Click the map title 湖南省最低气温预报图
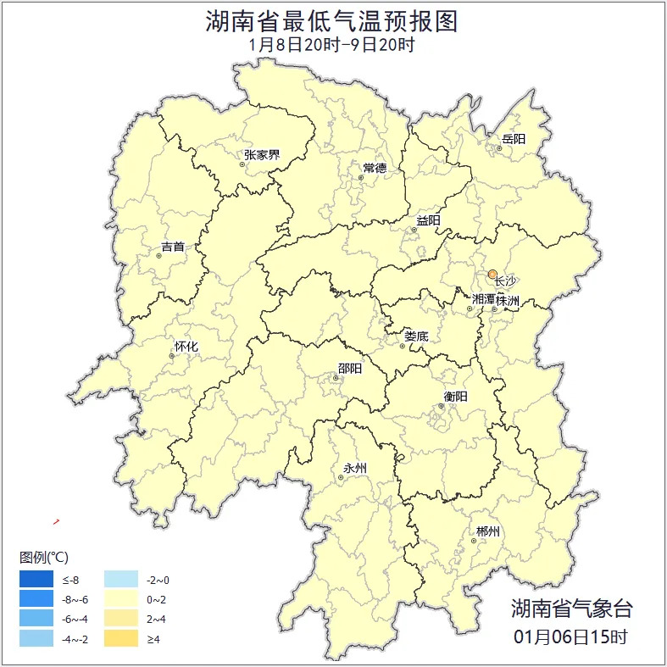tap(331, 21)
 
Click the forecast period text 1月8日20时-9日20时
tap(332, 45)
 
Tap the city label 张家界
tap(262, 155)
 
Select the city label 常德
tap(375, 168)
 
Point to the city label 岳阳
tap(514, 139)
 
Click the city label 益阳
tap(428, 221)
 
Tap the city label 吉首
tap(173, 247)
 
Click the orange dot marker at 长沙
tap(492, 274)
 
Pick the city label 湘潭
tap(483, 299)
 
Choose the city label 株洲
tap(508, 299)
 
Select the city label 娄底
tap(416, 336)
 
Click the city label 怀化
tap(186, 347)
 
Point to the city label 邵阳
tap(350, 368)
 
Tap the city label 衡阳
tap(455, 396)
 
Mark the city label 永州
tap(355, 468)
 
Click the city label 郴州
tap(488, 532)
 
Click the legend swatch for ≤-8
tap(36, 580)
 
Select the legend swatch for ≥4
tap(120, 638)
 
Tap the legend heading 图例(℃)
tap(43, 557)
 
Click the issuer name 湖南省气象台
tap(571, 608)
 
